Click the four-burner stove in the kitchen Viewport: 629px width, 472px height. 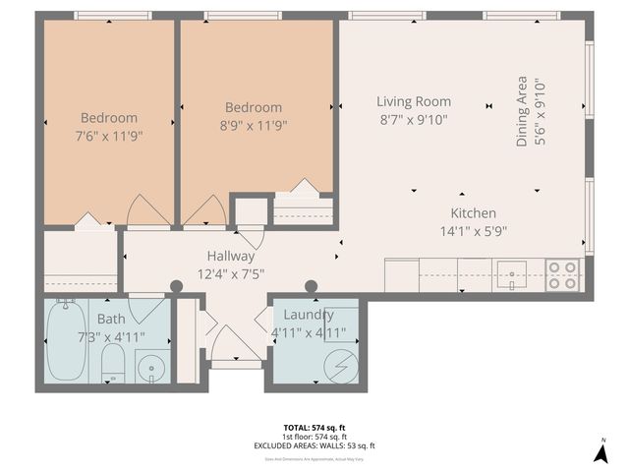562,273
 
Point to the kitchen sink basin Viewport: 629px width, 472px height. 511,274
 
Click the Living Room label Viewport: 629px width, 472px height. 414,101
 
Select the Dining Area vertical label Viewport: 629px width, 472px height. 523,112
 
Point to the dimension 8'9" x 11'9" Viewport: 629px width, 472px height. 253,125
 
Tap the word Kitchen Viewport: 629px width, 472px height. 473,213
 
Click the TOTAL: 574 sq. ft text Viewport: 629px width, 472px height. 314,427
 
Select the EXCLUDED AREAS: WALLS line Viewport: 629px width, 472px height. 314,445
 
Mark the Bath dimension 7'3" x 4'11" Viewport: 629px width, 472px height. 110,336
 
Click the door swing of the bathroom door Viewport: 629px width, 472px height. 146,311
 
